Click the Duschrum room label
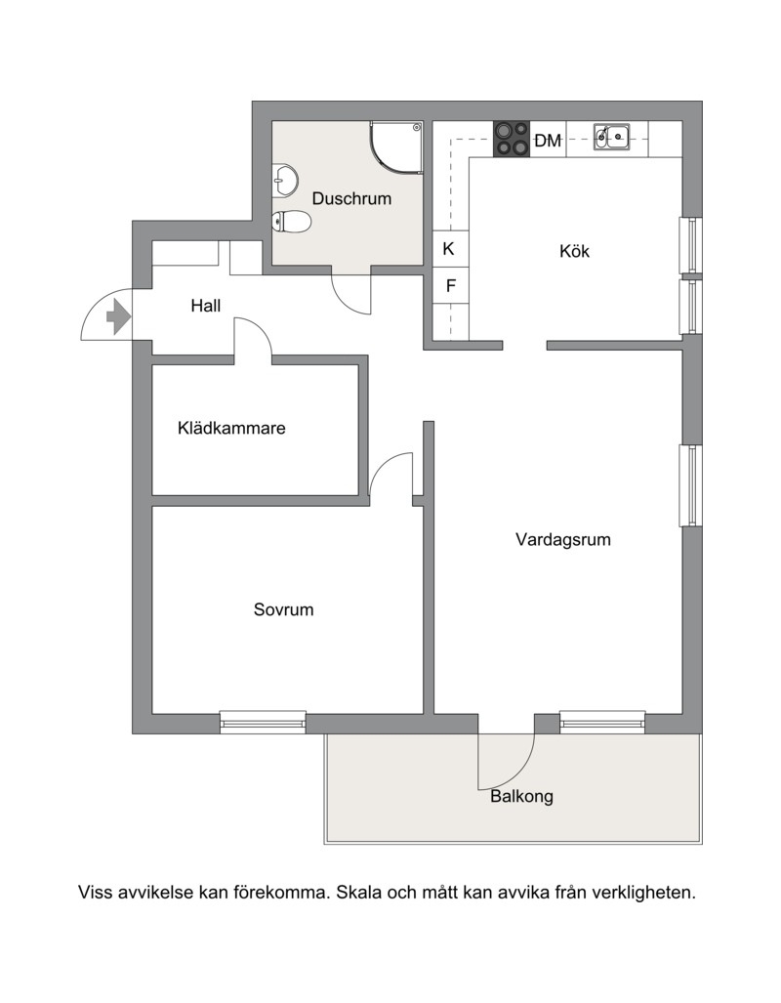pos(351,198)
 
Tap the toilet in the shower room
pos(291,222)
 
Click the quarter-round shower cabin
pos(396,147)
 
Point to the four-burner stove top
pos(512,139)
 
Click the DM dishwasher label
pos(548,141)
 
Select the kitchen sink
pos(611,137)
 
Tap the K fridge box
pos(450,249)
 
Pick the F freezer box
pos(450,285)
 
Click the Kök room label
pos(574,251)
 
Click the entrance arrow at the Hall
pos(118,316)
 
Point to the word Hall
pos(205,306)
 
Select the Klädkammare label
pos(231,428)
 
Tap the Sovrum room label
pos(283,609)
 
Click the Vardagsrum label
pos(563,540)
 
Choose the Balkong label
pos(521,796)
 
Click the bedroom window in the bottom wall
pos(263,722)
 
